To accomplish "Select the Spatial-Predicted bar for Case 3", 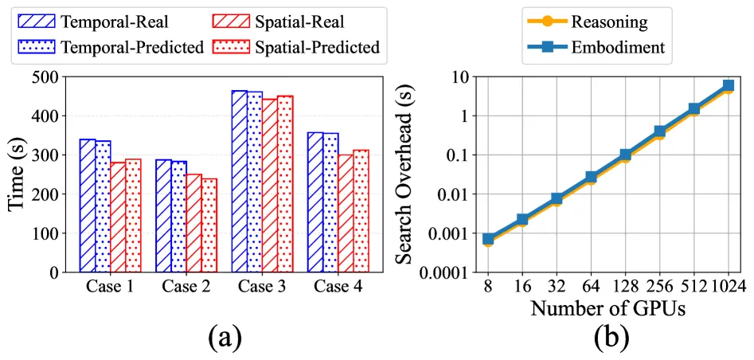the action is point(285,184).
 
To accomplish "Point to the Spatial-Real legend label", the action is point(299,22).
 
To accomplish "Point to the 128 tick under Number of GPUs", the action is point(625,288).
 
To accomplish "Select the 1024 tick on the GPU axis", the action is point(729,288).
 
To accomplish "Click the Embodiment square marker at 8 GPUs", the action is point(488,239).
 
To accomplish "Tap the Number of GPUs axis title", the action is point(607,308).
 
